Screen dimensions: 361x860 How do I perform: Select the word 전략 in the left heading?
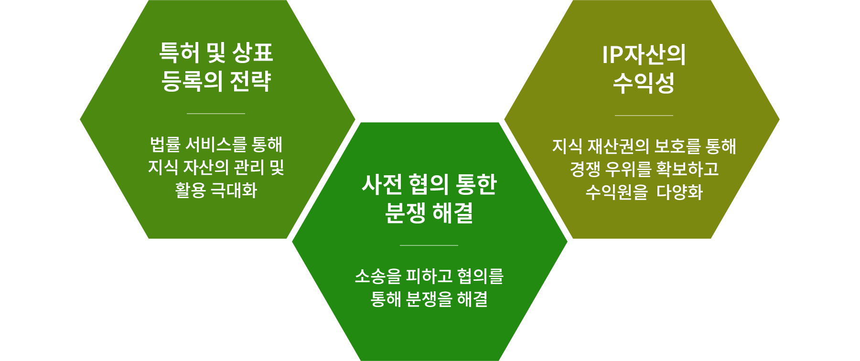pyautogui.click(x=250, y=81)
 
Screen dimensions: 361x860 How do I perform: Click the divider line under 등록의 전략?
pyautogui.click(x=216, y=114)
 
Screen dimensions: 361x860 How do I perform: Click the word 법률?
pyautogui.click(x=165, y=144)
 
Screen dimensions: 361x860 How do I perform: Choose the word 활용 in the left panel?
pyautogui.click(x=190, y=191)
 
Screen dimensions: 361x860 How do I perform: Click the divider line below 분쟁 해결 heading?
pyautogui.click(x=429, y=245)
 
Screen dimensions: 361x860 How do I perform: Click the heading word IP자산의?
pyautogui.click(x=644, y=54)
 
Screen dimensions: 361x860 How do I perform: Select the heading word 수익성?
pyautogui.click(x=644, y=83)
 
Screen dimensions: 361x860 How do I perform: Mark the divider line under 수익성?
pyautogui.click(x=644, y=116)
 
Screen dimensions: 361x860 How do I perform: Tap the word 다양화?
pyautogui.click(x=680, y=192)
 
